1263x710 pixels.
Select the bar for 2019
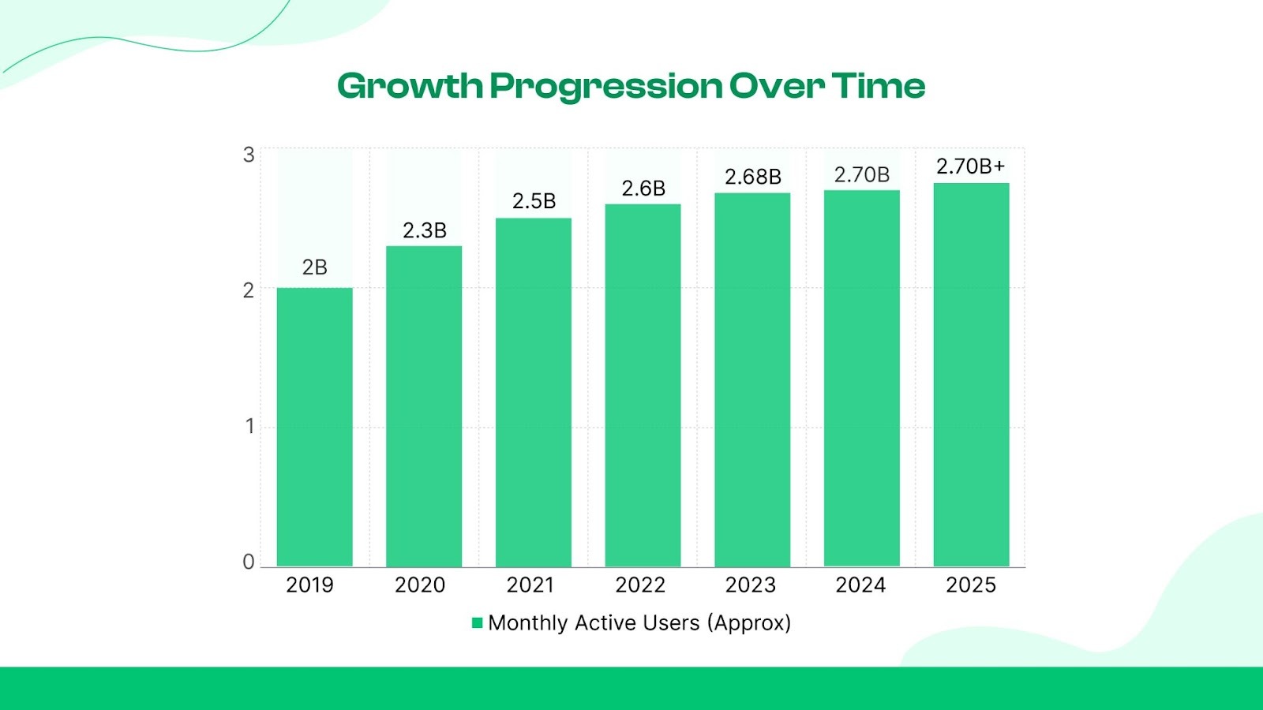click(x=314, y=427)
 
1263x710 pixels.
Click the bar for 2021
click(x=534, y=392)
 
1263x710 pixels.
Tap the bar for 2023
click(x=752, y=379)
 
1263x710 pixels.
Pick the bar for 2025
click(x=971, y=375)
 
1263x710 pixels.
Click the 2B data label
click(x=314, y=267)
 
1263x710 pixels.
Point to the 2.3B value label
click(x=424, y=230)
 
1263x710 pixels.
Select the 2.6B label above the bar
click(x=643, y=189)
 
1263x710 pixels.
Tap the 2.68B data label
click(x=752, y=177)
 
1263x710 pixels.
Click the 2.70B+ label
click(x=970, y=166)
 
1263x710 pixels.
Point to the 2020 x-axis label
click(x=420, y=585)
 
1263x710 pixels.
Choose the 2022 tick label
click(x=640, y=585)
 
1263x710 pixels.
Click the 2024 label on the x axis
click(x=860, y=585)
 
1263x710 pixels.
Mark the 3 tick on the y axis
click(x=249, y=155)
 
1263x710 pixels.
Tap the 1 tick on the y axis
click(x=249, y=427)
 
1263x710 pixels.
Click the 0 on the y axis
click(x=249, y=562)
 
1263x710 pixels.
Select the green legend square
click(x=477, y=623)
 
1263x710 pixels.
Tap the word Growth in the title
click(x=410, y=86)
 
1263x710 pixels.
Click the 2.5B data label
click(x=534, y=201)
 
